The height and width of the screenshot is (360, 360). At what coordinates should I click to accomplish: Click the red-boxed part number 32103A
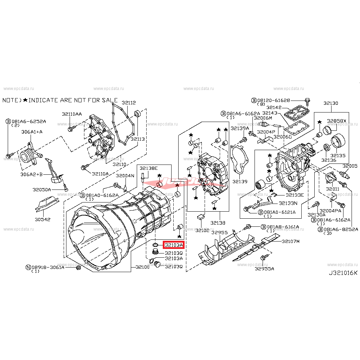pos(174,245)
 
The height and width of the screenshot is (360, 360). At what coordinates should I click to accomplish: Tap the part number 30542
pos(42,219)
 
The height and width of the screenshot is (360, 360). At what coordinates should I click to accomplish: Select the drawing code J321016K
pos(343,272)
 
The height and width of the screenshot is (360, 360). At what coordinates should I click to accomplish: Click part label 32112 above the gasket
pos(129,103)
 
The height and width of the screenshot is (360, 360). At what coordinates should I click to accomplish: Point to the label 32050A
pos(42,189)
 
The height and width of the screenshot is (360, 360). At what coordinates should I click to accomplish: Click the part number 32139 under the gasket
pos(239,182)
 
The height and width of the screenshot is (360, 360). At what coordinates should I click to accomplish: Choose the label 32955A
pos(264,269)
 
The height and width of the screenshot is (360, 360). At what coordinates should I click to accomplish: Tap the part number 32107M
pos(290,241)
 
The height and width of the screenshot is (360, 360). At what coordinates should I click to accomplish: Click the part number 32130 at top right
pos(331,103)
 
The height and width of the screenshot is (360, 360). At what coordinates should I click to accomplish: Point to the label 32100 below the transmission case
pos(142,267)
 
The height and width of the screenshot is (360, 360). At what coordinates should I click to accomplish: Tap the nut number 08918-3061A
pos(47,267)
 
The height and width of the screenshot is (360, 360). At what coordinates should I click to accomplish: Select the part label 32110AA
pos(72,114)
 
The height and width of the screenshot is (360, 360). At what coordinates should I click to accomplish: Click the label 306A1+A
pos(32,132)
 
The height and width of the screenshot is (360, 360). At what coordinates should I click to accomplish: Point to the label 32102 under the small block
pos(202,230)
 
